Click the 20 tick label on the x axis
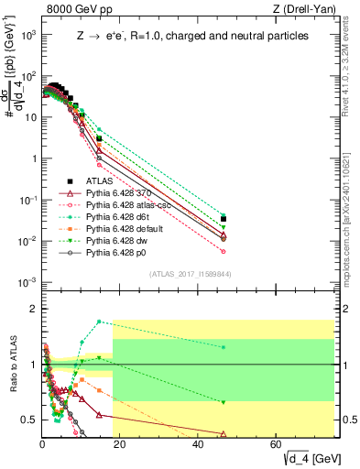[x=120, y=444]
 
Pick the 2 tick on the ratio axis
[x=32, y=309]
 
